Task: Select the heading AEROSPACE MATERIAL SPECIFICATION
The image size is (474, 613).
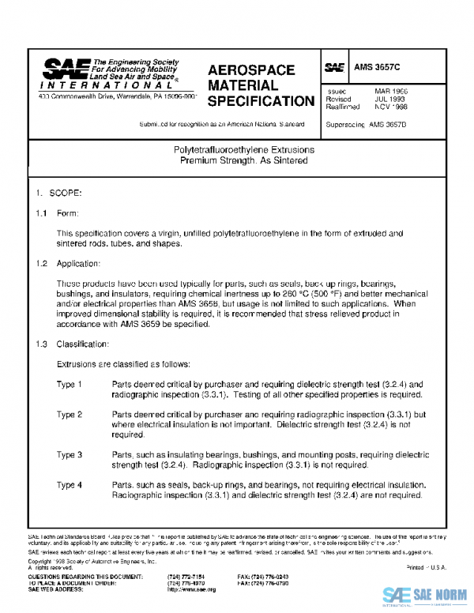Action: [x=260, y=85]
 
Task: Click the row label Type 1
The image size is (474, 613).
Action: [x=70, y=384]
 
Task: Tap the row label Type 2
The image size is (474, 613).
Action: [x=70, y=415]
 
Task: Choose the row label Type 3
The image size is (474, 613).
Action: [x=70, y=455]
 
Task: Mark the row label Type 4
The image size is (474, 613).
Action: [x=70, y=485]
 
